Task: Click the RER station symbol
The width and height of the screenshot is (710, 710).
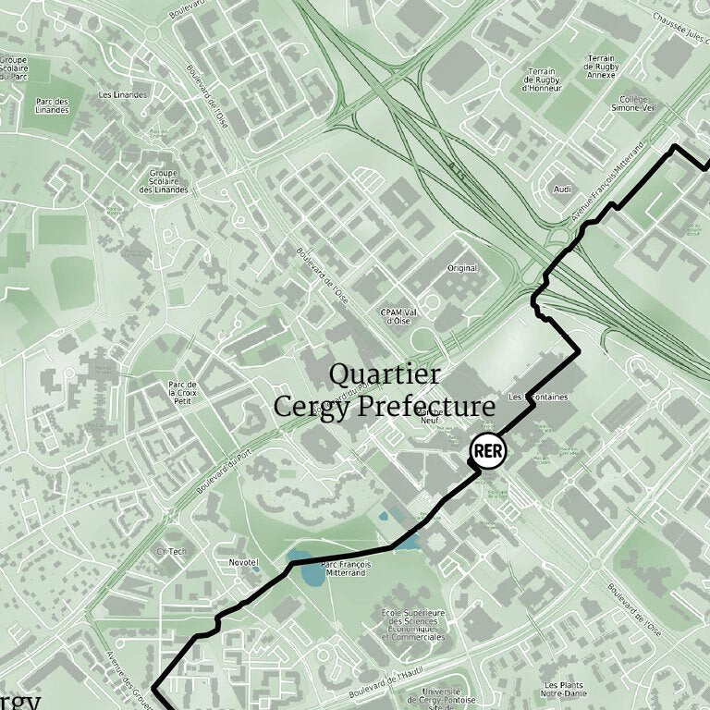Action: pyautogui.click(x=488, y=451)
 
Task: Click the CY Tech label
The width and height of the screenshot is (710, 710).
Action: pyautogui.click(x=172, y=552)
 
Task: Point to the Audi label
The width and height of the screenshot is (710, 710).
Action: pyautogui.click(x=562, y=189)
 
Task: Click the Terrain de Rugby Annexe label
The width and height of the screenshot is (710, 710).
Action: pyautogui.click(x=600, y=67)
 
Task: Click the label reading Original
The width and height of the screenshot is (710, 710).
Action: pyautogui.click(x=462, y=268)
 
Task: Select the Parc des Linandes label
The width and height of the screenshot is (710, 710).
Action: pyautogui.click(x=53, y=105)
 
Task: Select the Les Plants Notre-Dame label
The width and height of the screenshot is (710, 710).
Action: pyautogui.click(x=563, y=689)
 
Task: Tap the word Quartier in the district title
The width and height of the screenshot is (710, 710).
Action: pyautogui.click(x=385, y=374)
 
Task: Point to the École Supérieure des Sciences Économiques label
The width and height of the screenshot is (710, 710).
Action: pyautogui.click(x=413, y=624)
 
